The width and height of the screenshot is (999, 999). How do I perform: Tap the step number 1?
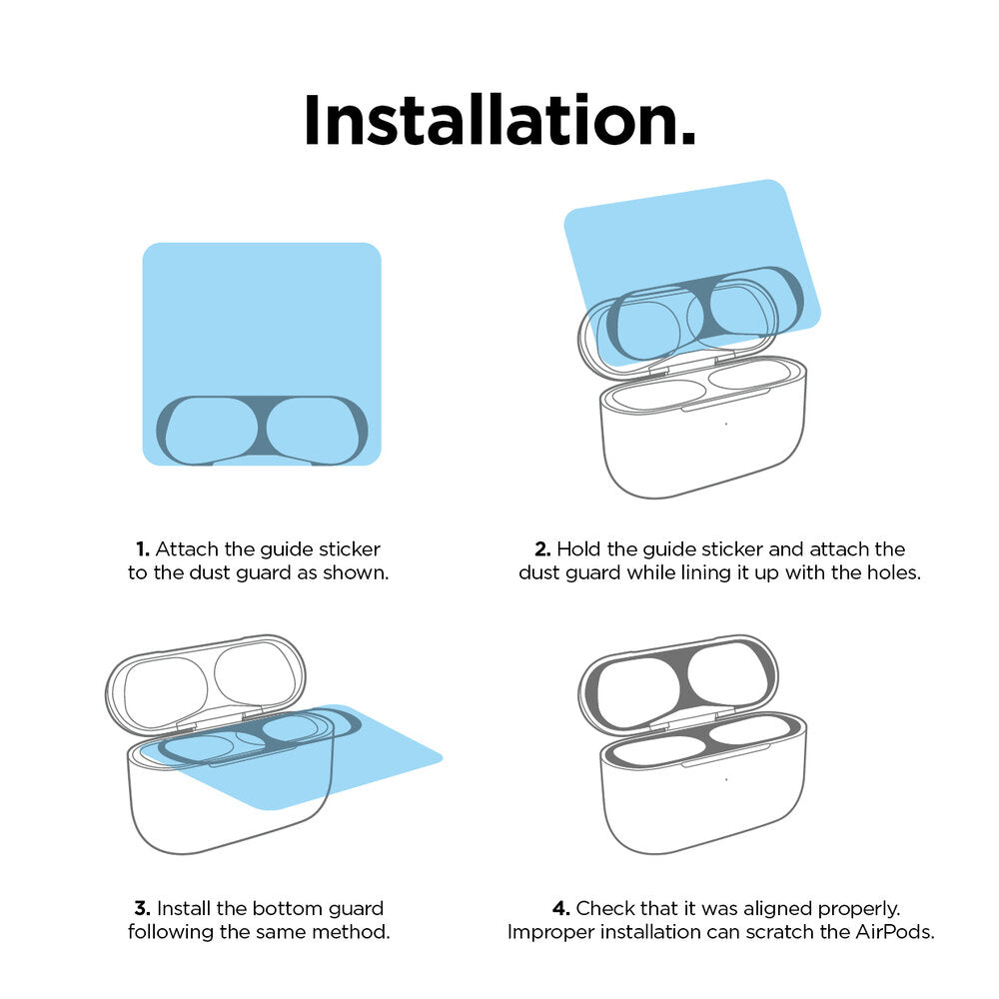tap(143, 549)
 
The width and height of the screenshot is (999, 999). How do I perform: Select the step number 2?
tap(542, 549)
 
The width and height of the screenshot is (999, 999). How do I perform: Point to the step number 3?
tap(143, 908)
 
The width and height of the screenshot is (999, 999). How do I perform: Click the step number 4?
tap(560, 908)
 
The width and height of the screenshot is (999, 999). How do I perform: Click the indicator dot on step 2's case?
tap(725, 424)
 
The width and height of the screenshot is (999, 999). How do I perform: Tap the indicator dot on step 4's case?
tap(726, 779)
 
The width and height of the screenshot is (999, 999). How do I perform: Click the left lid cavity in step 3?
tap(165, 692)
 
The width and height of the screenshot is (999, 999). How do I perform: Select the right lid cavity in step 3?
tap(255, 676)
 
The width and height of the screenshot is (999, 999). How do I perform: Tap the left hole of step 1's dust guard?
tap(211, 431)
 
